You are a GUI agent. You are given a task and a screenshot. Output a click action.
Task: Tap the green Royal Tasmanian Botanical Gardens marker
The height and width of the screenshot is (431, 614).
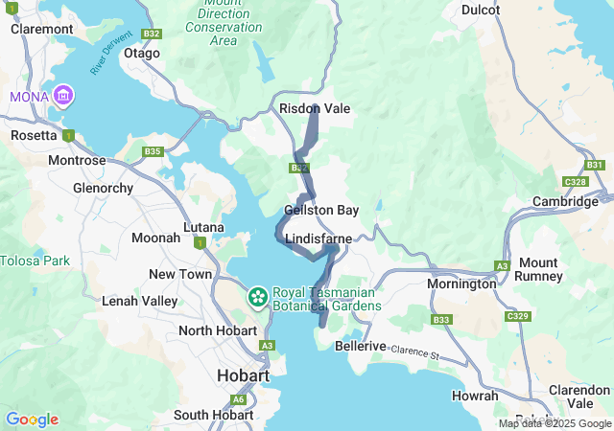coord(257,297)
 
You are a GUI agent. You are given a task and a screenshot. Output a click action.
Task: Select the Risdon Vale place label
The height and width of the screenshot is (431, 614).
coord(315,109)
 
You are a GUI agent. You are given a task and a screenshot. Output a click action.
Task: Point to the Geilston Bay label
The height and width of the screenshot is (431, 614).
coord(321,210)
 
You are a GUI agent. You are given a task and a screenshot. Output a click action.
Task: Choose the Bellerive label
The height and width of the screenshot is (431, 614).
coord(361,346)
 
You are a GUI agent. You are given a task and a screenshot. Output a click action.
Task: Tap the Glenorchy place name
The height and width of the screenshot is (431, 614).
coord(103,188)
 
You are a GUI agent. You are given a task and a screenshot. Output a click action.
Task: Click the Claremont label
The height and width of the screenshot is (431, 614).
coord(42,29)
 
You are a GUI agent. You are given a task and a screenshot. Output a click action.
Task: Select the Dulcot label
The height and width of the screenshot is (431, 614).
coord(481,10)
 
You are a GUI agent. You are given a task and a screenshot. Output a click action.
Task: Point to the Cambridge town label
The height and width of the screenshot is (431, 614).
coord(566,201)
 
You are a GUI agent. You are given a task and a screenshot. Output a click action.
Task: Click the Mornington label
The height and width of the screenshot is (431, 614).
coord(461,284)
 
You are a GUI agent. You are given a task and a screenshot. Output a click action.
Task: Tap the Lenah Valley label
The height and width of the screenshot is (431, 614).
coord(140,301)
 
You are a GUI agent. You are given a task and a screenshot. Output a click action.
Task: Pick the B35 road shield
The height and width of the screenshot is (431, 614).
coord(153,151)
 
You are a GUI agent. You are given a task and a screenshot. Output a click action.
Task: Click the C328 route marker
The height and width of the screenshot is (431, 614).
coord(576,181)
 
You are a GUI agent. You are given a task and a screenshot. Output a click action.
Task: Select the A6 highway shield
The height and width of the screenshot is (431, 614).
coord(238,399)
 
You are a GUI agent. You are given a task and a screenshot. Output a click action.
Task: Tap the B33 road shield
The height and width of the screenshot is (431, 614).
coord(441,320)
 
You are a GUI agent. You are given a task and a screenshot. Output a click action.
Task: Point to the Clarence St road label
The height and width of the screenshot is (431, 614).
coord(413,352)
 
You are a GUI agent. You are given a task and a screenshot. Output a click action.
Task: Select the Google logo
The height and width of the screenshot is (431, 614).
coord(32,420)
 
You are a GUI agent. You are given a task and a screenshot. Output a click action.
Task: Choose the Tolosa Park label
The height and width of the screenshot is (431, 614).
coord(35,261)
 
